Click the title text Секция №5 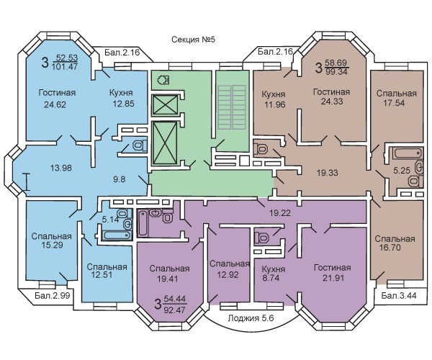[193, 40]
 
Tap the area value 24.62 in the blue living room [55, 104]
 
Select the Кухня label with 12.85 [121, 93]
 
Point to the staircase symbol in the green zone [232, 107]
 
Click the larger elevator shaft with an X [165, 143]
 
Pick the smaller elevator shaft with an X [165, 104]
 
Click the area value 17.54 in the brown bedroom [394, 103]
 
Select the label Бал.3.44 [399, 295]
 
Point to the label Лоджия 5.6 [251, 318]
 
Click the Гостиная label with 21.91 [333, 267]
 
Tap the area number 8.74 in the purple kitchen [271, 278]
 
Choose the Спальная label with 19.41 [169, 269]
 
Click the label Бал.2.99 [53, 295]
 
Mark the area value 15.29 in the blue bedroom [52, 245]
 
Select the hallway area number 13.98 [61, 168]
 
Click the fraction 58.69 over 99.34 [336, 67]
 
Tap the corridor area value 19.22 [280, 212]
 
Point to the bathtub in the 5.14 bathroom [116, 235]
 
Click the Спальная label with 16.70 [395, 238]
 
